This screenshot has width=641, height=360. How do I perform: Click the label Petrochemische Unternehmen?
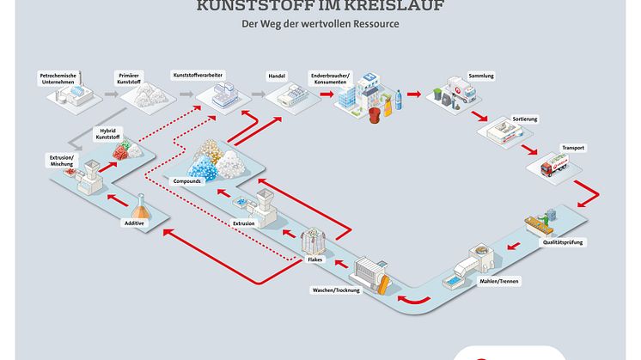pyautogui.click(x=59, y=78)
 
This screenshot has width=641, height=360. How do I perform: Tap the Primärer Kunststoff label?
pyautogui.click(x=131, y=78)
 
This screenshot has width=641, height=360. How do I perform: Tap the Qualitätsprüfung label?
pyautogui.click(x=565, y=243)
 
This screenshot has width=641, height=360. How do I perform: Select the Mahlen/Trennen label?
pyautogui.click(x=501, y=281)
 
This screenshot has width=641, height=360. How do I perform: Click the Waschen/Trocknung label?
pyautogui.click(x=336, y=290)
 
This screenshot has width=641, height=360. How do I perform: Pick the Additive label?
pyautogui.click(x=135, y=223)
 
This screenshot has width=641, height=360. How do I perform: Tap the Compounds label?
pyautogui.click(x=187, y=182)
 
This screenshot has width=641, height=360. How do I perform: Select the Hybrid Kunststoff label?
pyautogui.click(x=108, y=134)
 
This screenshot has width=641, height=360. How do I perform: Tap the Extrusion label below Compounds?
pyautogui.click(x=243, y=223)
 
